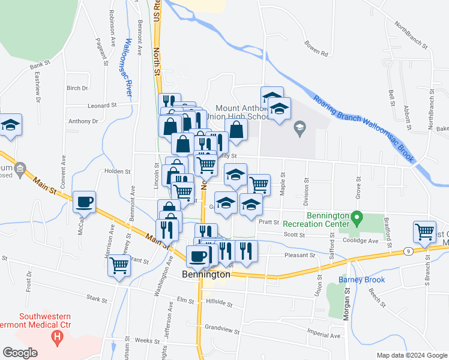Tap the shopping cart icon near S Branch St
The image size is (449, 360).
point(424,232)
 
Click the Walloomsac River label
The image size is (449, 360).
point(127,68)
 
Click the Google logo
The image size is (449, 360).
point(20,353)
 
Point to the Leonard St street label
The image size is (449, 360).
point(101,106)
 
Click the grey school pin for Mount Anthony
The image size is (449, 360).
point(299,127)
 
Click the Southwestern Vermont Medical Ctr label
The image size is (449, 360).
point(46,321)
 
